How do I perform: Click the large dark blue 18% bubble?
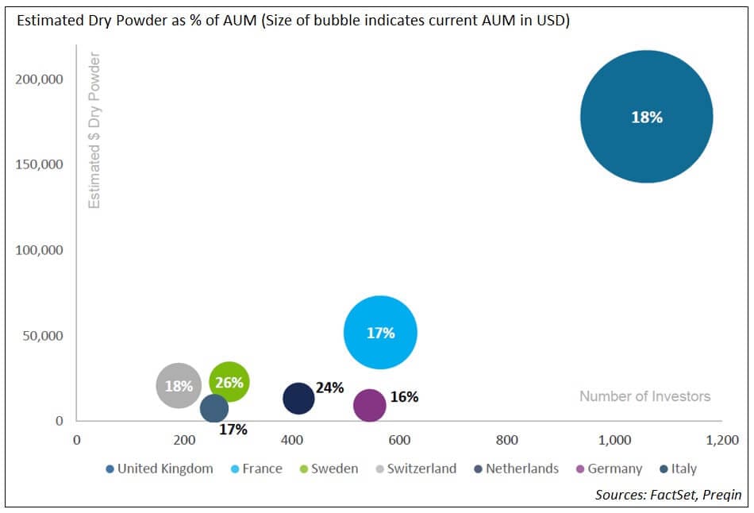[x=646, y=118]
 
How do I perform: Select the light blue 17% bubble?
[x=380, y=333]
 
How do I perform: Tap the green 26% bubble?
[x=229, y=383]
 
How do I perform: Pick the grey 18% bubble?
[x=179, y=386]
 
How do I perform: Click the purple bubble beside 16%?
[x=369, y=405]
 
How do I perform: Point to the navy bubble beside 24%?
[x=298, y=399]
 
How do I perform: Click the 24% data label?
[x=329, y=388]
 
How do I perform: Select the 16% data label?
[x=404, y=396]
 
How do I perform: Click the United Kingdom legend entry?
[x=160, y=469]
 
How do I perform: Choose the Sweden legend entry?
[x=329, y=469]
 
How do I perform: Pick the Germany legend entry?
[x=609, y=469]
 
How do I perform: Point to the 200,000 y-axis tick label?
[x=39, y=79]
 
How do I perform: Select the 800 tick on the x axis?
[x=506, y=441]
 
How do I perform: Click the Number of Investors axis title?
[x=644, y=396]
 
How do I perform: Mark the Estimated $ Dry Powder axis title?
[x=94, y=131]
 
